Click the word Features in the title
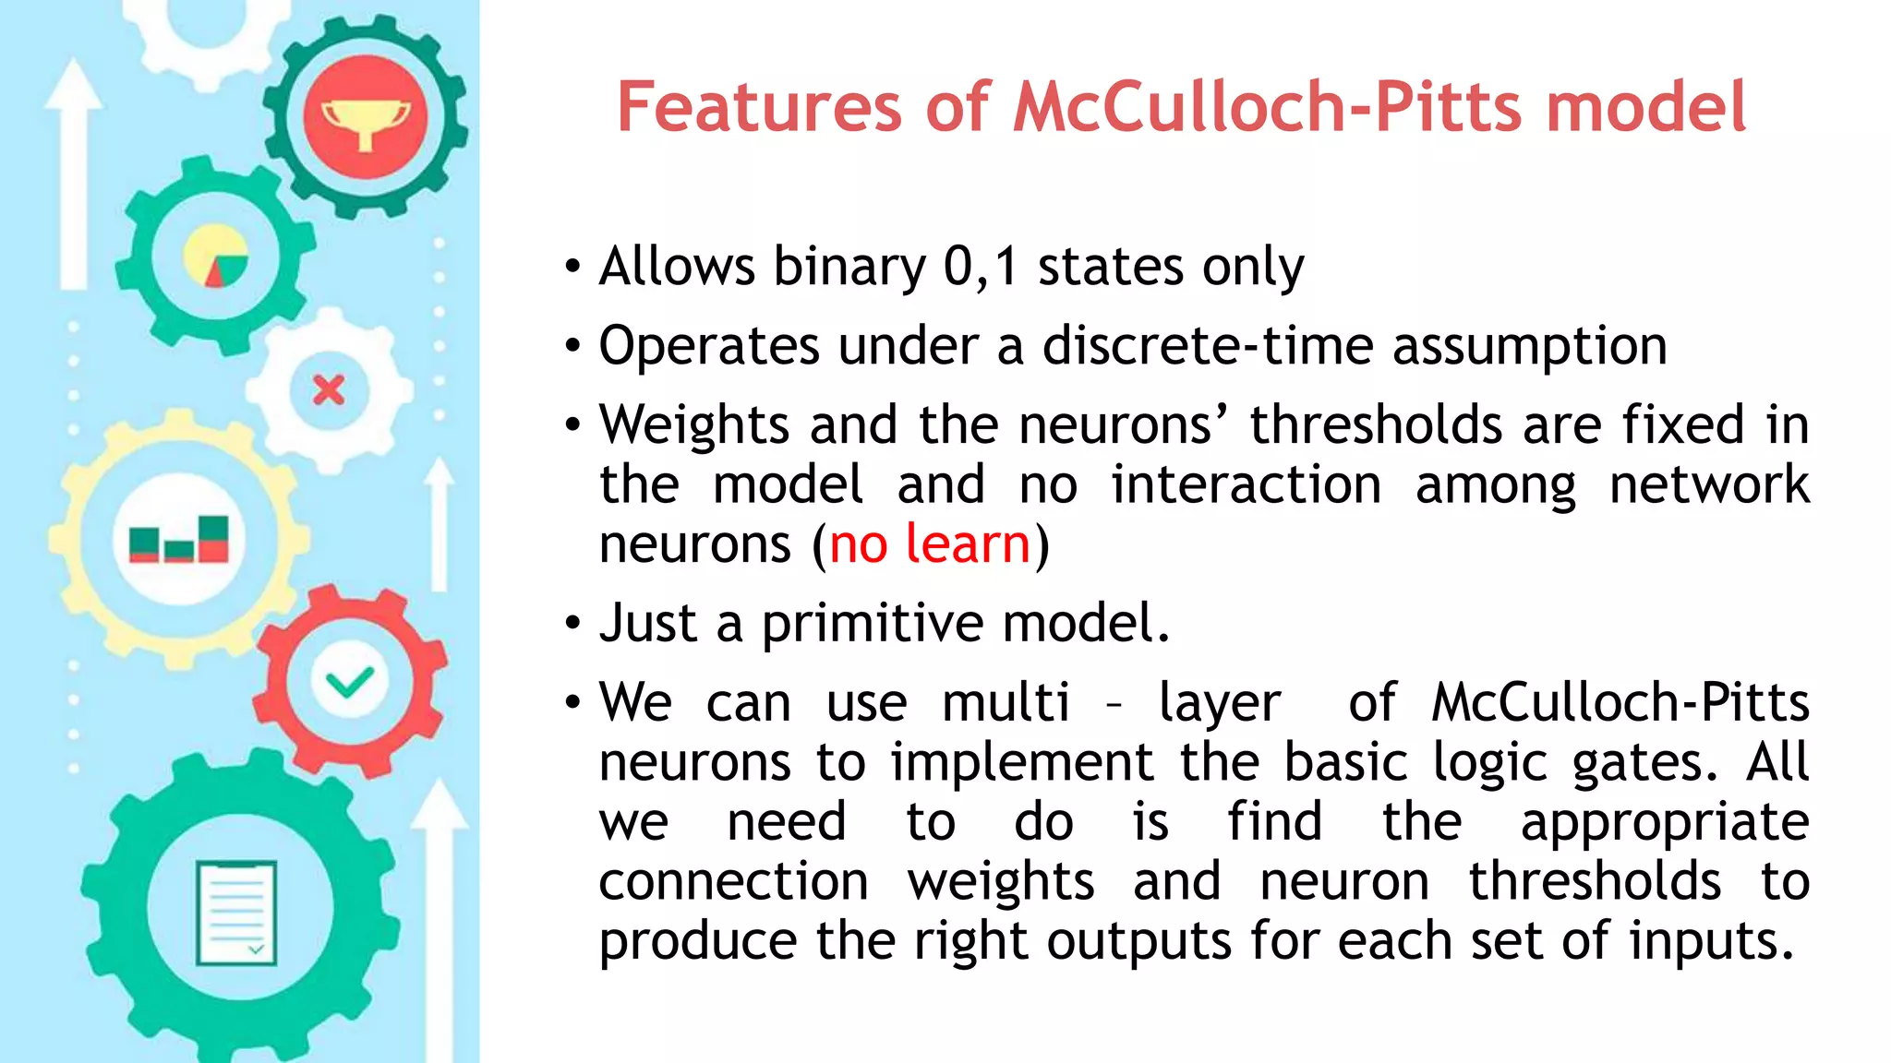point(757,108)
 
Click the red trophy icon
point(366,118)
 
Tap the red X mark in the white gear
point(329,390)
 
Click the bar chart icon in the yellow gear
point(179,540)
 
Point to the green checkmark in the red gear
point(349,683)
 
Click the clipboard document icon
point(236,913)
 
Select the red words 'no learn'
point(929,544)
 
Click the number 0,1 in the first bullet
point(980,268)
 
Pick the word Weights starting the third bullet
point(693,425)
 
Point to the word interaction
point(1246,485)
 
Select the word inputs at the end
point(1710,942)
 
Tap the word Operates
point(708,347)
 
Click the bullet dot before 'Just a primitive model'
point(573,624)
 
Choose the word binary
point(849,268)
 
